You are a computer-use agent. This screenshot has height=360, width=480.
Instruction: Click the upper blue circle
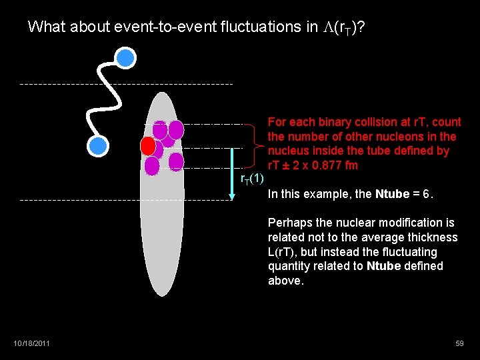pos(125,58)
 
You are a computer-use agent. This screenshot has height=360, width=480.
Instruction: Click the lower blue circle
pos(98,145)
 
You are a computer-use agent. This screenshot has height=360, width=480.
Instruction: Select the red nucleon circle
pos(148,145)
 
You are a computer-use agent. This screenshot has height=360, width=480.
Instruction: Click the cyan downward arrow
pos(231,173)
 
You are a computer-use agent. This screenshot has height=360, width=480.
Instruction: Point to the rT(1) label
pos(252,178)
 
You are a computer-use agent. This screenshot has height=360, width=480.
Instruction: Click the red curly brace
pos(259,147)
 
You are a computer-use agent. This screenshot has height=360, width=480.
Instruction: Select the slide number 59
pos(459,343)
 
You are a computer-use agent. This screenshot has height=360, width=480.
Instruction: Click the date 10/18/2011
pos(31,343)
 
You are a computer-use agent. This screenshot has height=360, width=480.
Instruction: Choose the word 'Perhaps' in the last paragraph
pos(289,223)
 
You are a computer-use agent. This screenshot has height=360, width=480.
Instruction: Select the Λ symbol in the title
pos(327,27)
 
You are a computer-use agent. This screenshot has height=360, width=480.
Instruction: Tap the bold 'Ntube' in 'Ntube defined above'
pos(385,267)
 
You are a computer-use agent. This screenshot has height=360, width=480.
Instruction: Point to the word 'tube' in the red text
pos(395,151)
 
